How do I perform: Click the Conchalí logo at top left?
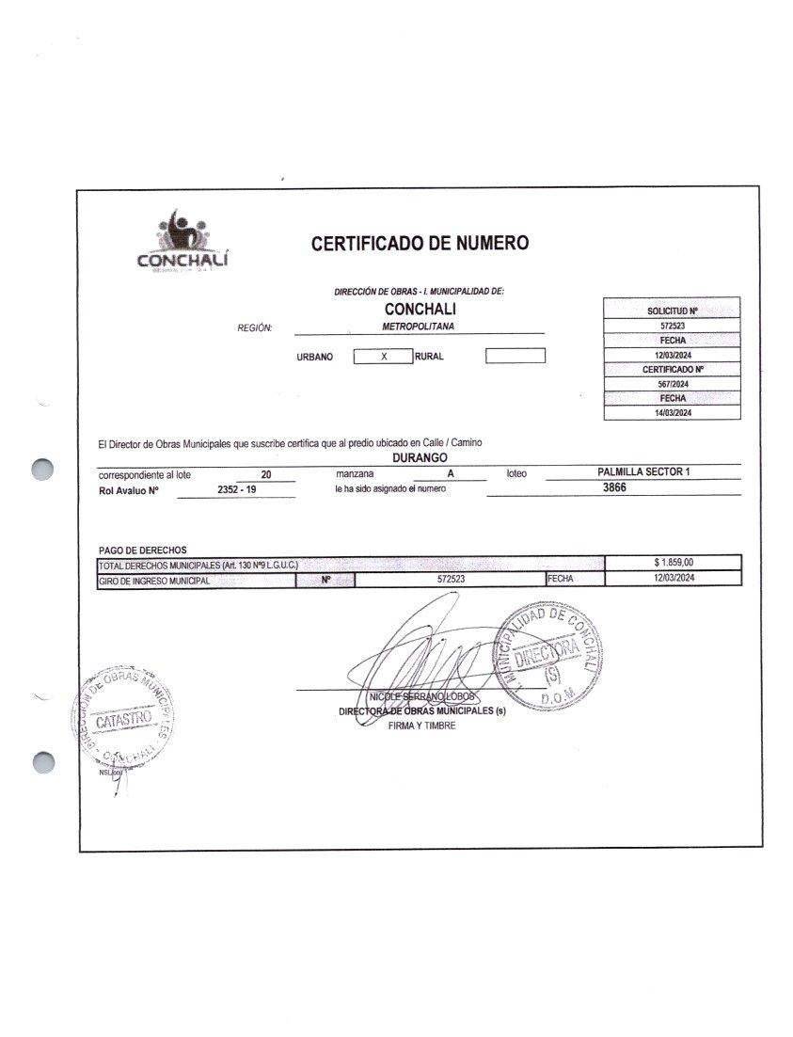point(184,244)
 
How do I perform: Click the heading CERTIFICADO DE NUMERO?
point(420,244)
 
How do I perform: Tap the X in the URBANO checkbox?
point(383,357)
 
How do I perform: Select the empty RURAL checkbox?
point(515,356)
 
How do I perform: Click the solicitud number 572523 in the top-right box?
point(672,325)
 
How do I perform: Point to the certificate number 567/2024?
point(672,384)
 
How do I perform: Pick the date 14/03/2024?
point(672,414)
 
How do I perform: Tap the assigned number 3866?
point(614,488)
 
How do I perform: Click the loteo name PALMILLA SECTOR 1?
point(643,471)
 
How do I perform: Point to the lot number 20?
point(266,475)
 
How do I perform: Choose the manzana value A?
point(452,474)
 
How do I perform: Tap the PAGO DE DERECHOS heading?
point(143,550)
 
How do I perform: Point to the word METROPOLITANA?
point(419,326)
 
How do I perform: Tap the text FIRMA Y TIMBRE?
point(421,726)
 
